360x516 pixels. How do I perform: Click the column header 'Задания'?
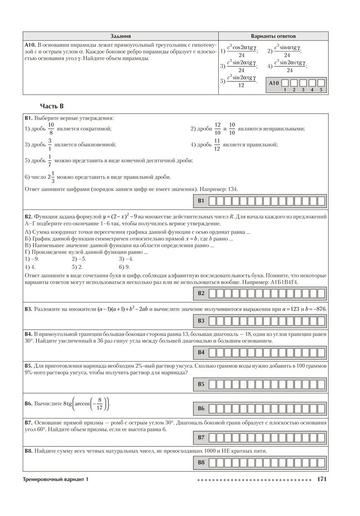tap(120, 37)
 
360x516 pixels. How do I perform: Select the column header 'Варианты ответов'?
tap(273, 37)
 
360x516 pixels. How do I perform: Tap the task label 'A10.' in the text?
tap(31, 45)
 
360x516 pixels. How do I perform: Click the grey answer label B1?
tap(202, 200)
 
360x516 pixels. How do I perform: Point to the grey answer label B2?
tap(202, 293)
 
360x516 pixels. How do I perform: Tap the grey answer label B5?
tap(202, 384)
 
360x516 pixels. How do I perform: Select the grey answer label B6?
tap(202, 409)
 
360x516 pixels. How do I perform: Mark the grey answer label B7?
tap(202, 438)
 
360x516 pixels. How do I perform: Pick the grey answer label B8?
tap(202, 462)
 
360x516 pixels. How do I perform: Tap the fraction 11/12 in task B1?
tap(217, 144)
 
